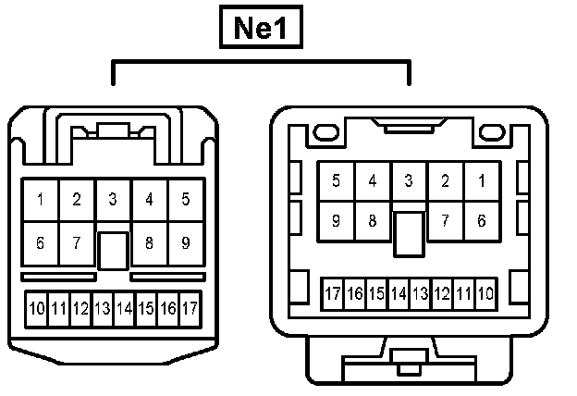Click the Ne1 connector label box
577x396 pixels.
(260, 29)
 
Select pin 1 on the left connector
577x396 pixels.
(41, 200)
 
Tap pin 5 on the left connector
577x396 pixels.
(186, 200)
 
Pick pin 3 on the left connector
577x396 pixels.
(113, 200)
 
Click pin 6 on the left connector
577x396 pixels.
(41, 244)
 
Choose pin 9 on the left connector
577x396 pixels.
(186, 244)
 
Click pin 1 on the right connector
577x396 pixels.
(481, 181)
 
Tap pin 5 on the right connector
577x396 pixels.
(336, 181)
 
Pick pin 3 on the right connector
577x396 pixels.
(408, 181)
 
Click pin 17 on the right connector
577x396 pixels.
(332, 294)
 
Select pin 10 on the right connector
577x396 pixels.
(486, 294)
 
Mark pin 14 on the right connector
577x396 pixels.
(399, 294)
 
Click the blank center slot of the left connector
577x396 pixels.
(113, 250)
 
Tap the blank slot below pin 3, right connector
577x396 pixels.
(408, 233)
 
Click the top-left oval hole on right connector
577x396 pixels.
(324, 135)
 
